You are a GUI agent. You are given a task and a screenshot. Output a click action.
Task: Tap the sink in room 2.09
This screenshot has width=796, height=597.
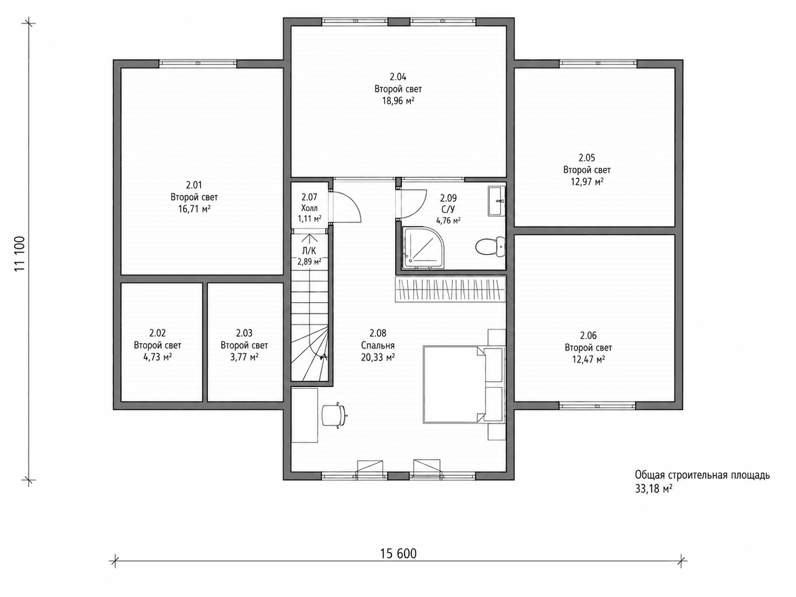[x=496, y=201]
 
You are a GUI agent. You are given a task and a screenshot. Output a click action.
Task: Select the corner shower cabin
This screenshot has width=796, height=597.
[x=423, y=248]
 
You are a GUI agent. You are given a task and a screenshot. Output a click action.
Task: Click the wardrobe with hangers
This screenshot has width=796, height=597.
[x=450, y=289]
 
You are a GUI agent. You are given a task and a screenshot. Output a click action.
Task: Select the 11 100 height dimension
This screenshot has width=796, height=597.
[x=20, y=253]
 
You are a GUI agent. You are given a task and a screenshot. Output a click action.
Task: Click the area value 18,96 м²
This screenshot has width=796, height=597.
[x=398, y=101]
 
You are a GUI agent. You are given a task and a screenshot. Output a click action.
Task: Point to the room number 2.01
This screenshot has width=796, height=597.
[x=194, y=185]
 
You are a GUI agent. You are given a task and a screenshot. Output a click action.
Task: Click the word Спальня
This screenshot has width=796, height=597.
[x=378, y=345]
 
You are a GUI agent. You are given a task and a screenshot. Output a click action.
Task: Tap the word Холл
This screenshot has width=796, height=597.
[x=309, y=208]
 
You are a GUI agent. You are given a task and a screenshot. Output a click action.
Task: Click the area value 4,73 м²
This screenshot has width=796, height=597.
[x=157, y=357]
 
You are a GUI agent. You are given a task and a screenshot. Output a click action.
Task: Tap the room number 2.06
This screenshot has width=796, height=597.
[x=588, y=336]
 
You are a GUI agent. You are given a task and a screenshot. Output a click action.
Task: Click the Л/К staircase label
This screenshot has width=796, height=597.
[x=309, y=251]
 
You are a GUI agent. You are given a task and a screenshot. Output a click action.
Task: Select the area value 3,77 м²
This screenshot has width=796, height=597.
[x=244, y=357]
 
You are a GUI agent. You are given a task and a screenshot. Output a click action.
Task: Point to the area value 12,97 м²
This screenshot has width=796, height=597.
[x=587, y=181]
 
